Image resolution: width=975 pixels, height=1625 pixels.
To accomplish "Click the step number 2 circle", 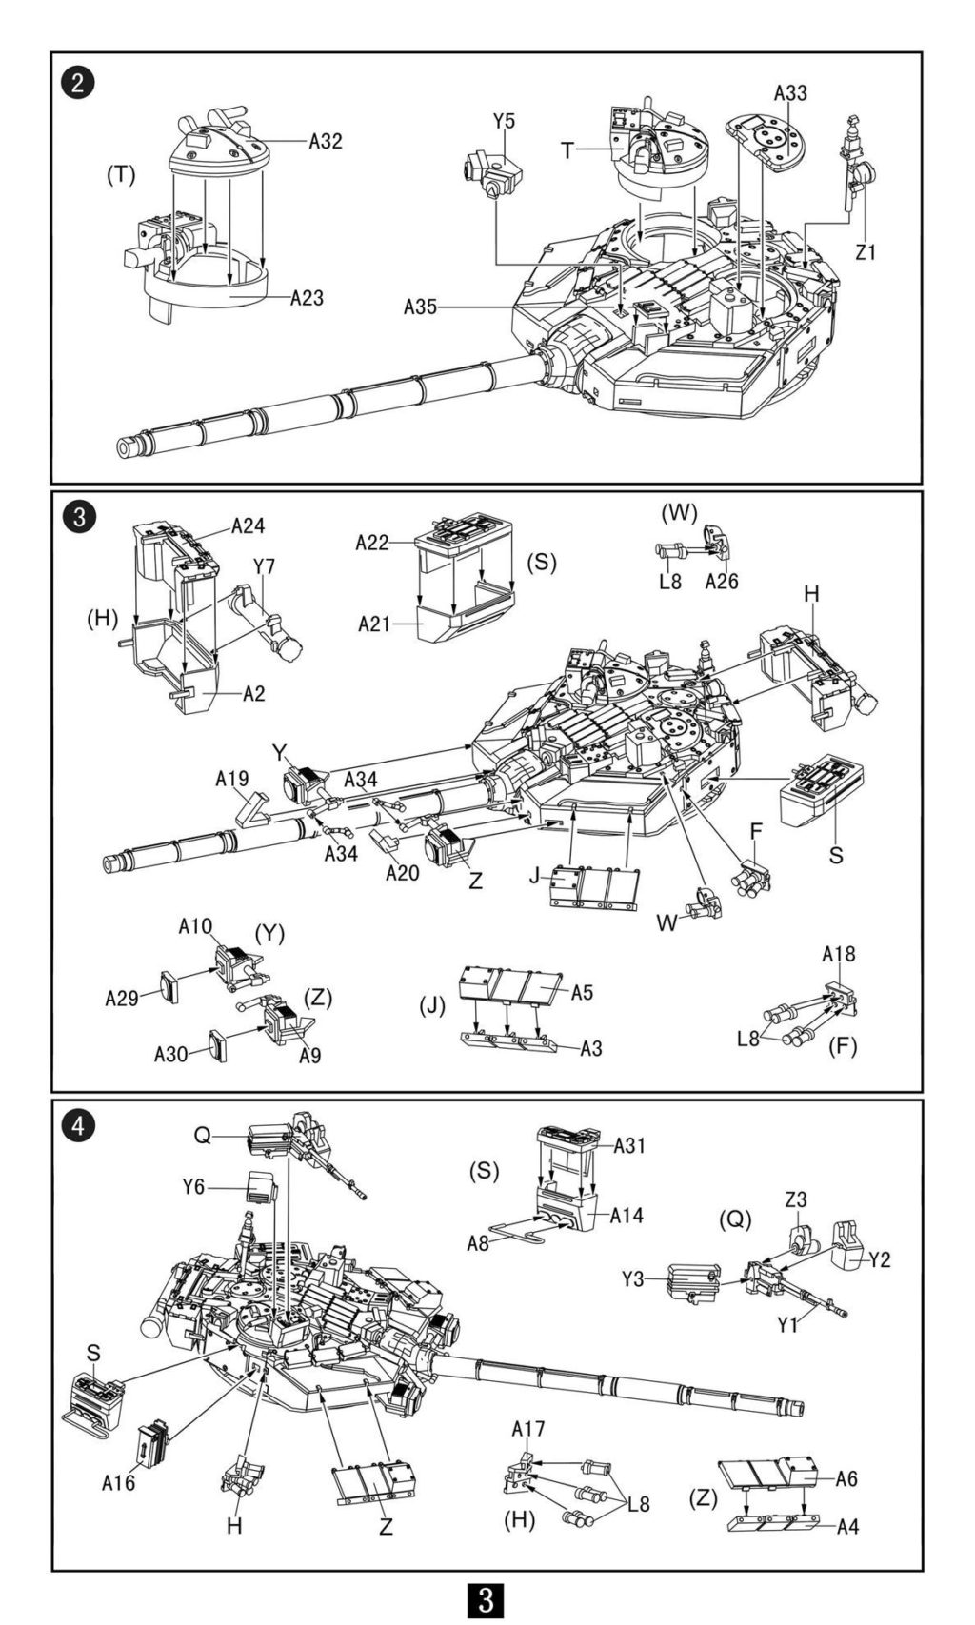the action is (78, 82).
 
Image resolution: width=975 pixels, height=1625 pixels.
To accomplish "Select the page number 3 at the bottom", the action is (487, 1600).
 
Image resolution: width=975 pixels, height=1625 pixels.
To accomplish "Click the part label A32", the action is (325, 141).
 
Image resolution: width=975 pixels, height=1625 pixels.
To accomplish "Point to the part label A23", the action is (307, 298).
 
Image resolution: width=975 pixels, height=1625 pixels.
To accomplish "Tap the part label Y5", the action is (504, 121).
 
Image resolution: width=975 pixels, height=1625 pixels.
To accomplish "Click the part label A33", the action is (790, 93).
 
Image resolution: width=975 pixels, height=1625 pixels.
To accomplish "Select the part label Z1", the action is (866, 251).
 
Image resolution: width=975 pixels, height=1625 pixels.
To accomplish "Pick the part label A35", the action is (421, 307).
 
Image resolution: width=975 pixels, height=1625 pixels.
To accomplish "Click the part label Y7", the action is (264, 565).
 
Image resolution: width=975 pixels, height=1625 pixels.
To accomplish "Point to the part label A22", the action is (372, 542).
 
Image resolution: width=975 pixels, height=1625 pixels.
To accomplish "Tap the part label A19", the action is (232, 779).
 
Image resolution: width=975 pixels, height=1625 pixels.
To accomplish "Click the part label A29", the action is (121, 999).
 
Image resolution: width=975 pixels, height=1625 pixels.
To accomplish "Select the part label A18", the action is (839, 953).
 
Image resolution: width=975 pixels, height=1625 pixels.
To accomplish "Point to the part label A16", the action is (118, 1462).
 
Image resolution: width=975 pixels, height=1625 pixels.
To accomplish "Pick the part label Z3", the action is (796, 1199).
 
